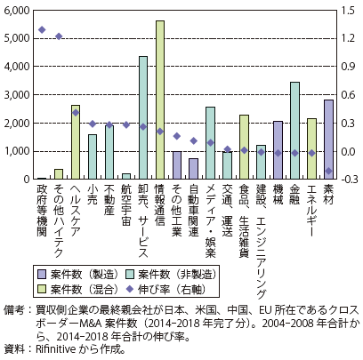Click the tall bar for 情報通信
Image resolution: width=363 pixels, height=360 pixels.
click(160, 100)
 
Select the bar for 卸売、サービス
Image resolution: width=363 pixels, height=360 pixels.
click(143, 117)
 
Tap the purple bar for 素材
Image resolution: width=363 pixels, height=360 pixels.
click(328, 140)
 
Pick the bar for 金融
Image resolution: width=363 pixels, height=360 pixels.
click(295, 131)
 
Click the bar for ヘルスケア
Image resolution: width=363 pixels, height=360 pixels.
click(76, 142)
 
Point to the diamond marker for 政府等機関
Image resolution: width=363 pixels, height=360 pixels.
click(42, 29)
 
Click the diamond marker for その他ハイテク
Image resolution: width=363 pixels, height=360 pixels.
click(59, 36)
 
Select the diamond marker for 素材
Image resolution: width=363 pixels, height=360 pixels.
click(328, 171)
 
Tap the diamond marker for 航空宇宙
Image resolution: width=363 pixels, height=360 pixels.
click(126, 124)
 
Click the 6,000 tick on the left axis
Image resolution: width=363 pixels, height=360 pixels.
click(17, 11)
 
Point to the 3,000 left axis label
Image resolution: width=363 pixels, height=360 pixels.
click(17, 95)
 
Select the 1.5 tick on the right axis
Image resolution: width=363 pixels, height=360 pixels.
click(348, 11)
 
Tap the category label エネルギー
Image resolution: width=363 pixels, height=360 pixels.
click(311, 211)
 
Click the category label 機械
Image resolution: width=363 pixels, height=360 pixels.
click(278, 195)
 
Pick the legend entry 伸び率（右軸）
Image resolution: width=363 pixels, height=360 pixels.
click(165, 289)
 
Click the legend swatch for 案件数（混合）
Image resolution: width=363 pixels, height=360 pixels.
click(42, 289)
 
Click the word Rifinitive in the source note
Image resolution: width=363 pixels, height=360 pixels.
click(55, 349)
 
